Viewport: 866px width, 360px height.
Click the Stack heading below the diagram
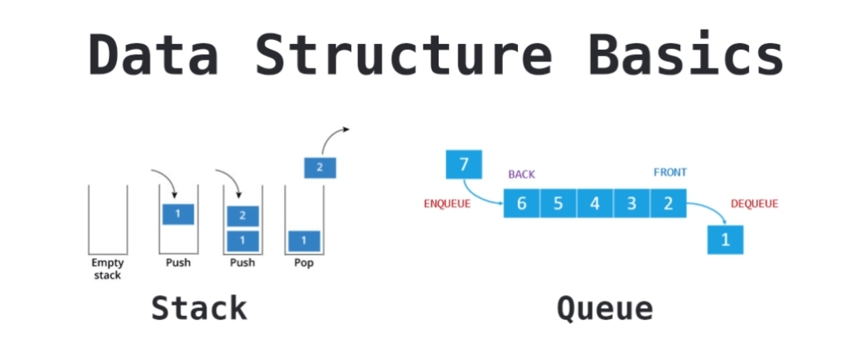[x=199, y=308]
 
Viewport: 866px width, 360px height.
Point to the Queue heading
[x=605, y=308]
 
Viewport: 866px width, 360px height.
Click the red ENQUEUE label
[x=447, y=204]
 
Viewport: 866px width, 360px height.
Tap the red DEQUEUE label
[x=754, y=204]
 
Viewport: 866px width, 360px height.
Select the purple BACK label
[x=521, y=174]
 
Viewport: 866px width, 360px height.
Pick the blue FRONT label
[x=670, y=172]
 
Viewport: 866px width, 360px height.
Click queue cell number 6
[x=521, y=203]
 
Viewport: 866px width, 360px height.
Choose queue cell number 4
[x=595, y=203]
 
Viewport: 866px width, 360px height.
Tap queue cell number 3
[x=632, y=203]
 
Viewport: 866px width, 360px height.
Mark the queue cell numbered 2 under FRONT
[x=668, y=203]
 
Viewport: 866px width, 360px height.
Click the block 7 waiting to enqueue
[x=463, y=166]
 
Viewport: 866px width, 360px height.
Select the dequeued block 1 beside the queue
[x=726, y=239]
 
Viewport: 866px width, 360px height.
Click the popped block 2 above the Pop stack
[x=320, y=168]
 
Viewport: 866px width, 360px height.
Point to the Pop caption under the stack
[x=303, y=263]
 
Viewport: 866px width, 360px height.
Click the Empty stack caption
[x=107, y=269]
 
